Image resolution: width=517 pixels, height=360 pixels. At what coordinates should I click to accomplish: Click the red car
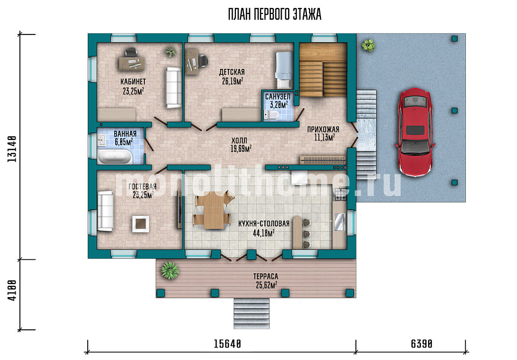415,132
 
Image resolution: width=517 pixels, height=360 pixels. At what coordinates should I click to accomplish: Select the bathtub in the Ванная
114,157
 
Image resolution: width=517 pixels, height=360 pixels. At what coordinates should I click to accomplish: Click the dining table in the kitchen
213,210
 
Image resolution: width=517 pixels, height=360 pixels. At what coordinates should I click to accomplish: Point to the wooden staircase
323,69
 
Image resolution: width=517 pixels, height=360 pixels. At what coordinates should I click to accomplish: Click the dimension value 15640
227,344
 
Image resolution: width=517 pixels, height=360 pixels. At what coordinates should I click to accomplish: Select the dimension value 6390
421,344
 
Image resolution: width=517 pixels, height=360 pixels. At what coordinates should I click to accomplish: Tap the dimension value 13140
12,148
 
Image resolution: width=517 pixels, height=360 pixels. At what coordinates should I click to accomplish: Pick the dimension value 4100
12,291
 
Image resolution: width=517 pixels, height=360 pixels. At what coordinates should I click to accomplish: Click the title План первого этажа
274,15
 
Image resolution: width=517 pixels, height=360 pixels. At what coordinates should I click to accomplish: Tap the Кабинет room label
133,81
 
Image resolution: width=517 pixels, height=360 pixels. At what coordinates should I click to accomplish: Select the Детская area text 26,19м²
233,81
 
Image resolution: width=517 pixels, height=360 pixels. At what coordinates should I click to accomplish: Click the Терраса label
266,277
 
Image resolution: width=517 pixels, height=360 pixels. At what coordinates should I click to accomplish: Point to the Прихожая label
323,130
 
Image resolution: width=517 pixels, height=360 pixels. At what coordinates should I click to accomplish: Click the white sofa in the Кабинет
173,88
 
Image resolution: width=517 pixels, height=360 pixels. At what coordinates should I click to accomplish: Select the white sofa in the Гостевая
106,211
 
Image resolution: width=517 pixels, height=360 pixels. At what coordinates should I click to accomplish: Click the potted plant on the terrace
170,271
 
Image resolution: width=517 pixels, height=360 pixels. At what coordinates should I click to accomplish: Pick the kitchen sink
340,222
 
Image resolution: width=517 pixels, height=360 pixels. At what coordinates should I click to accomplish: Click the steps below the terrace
252,314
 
